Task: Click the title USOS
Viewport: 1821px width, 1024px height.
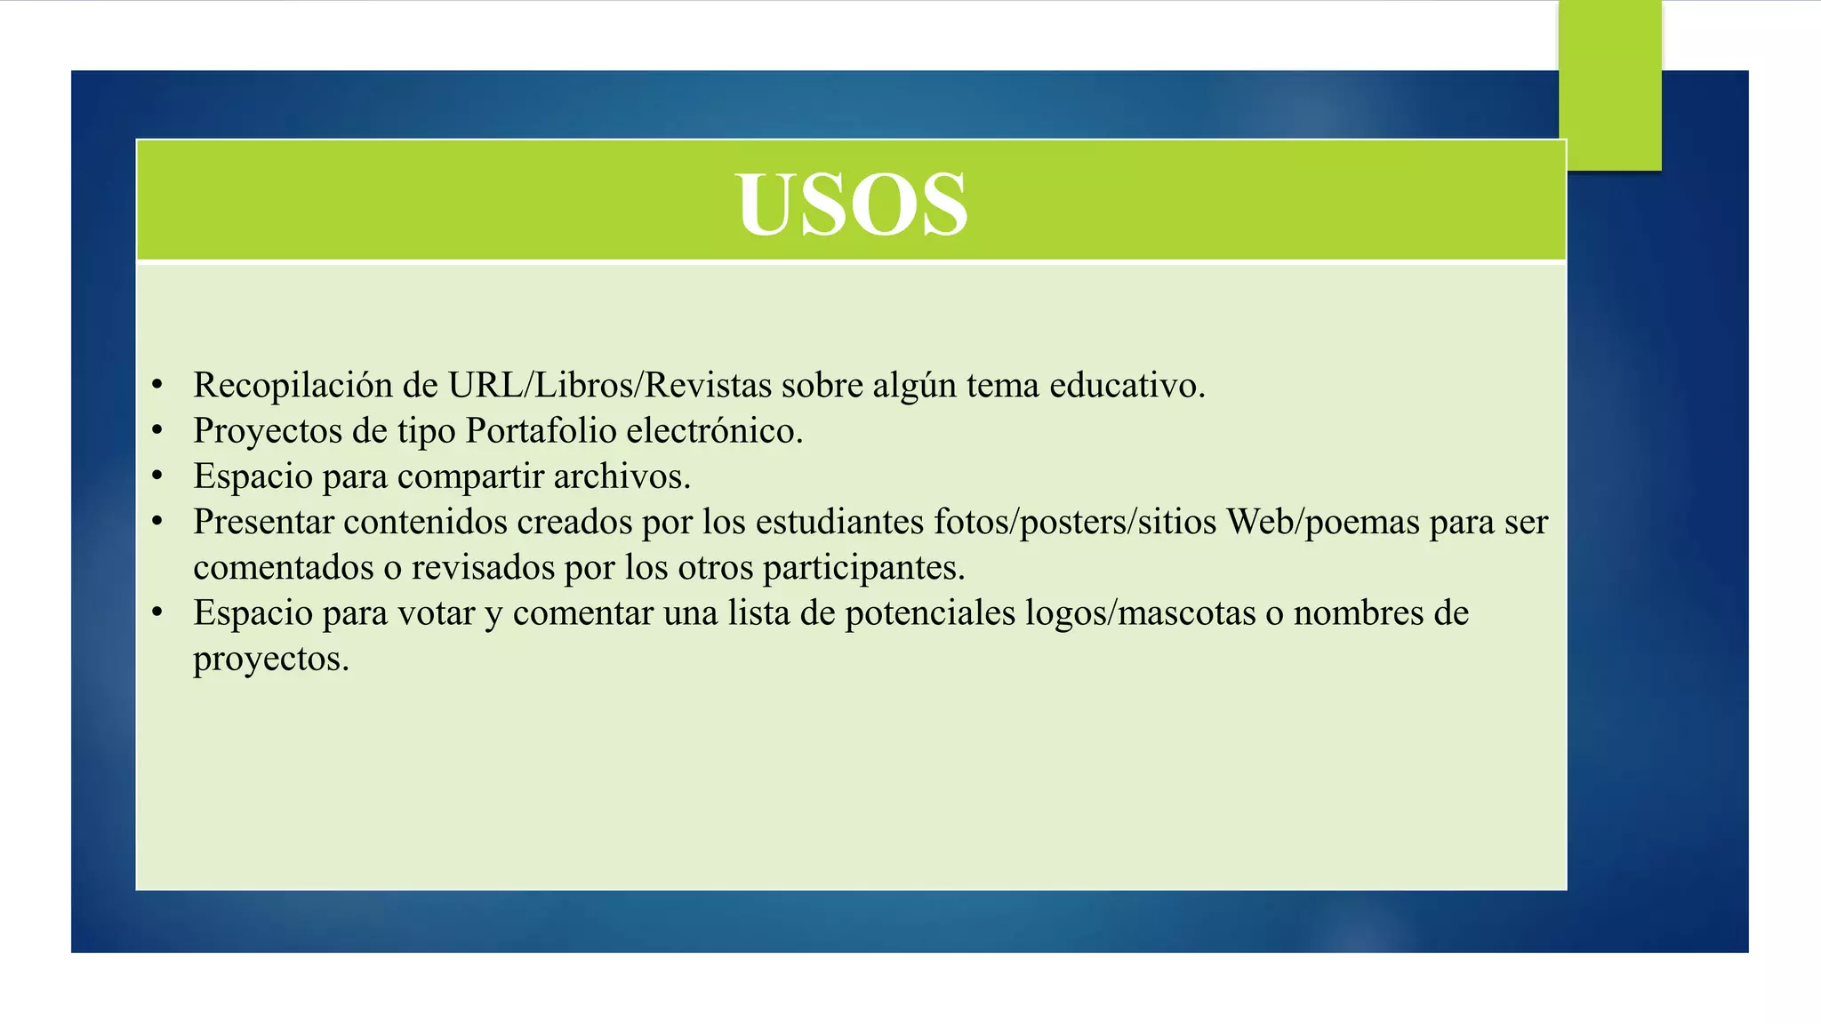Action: pyautogui.click(x=851, y=204)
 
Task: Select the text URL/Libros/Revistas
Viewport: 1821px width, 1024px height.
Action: pyautogui.click(x=609, y=386)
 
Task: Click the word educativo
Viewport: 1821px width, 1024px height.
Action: pyautogui.click(x=1127, y=386)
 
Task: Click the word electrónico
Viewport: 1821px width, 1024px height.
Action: pyautogui.click(x=714, y=431)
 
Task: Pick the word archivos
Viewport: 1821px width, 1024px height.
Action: pyautogui.click(x=622, y=476)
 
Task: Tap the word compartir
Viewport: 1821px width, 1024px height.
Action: pyautogui.click(x=470, y=477)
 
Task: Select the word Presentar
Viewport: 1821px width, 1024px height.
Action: pyautogui.click(x=263, y=522)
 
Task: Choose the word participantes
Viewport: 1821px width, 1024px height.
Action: pyautogui.click(x=863, y=568)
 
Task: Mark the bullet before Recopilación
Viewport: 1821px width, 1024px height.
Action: pyautogui.click(x=157, y=386)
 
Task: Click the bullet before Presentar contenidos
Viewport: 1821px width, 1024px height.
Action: pyautogui.click(x=157, y=522)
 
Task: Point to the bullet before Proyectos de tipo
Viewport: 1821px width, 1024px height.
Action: pyautogui.click(x=157, y=431)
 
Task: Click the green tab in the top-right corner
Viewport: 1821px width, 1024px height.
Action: pyautogui.click(x=1610, y=84)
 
